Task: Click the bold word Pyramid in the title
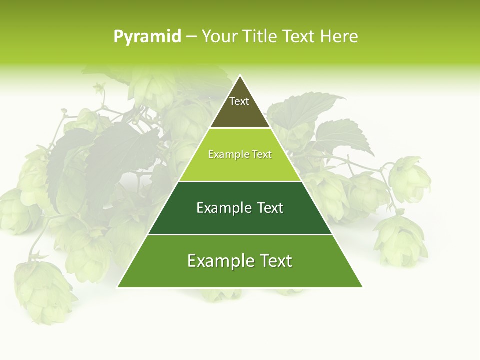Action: point(147,36)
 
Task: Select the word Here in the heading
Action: point(339,36)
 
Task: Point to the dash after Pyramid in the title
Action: point(191,37)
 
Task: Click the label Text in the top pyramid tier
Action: point(239,101)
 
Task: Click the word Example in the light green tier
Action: point(224,154)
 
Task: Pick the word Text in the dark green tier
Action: point(270,208)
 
